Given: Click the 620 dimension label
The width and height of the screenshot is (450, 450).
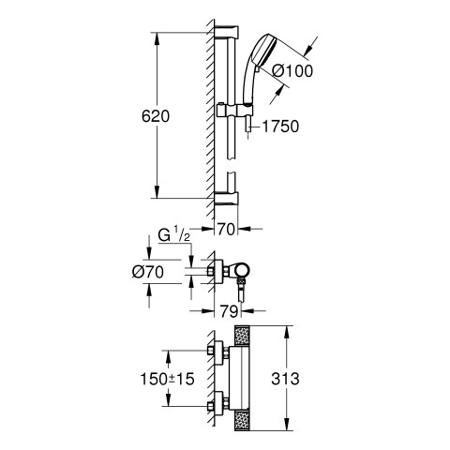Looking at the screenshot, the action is pyautogui.click(x=156, y=116).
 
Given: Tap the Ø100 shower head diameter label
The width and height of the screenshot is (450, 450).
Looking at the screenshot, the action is pyautogui.click(x=292, y=71).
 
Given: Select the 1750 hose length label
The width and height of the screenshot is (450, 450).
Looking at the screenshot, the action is pyautogui.click(x=280, y=127).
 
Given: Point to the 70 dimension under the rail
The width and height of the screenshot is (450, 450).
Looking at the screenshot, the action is pyautogui.click(x=226, y=230).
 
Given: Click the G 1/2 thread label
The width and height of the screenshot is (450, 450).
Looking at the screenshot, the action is pyautogui.click(x=173, y=236).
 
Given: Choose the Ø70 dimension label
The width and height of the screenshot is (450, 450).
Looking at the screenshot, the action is pyautogui.click(x=148, y=272).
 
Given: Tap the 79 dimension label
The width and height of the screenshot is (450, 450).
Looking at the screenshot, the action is pyautogui.click(x=229, y=311).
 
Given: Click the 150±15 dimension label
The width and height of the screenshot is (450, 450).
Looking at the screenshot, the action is pyautogui.click(x=167, y=379).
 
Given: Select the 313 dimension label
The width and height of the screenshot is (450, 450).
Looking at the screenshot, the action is pyautogui.click(x=285, y=379).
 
